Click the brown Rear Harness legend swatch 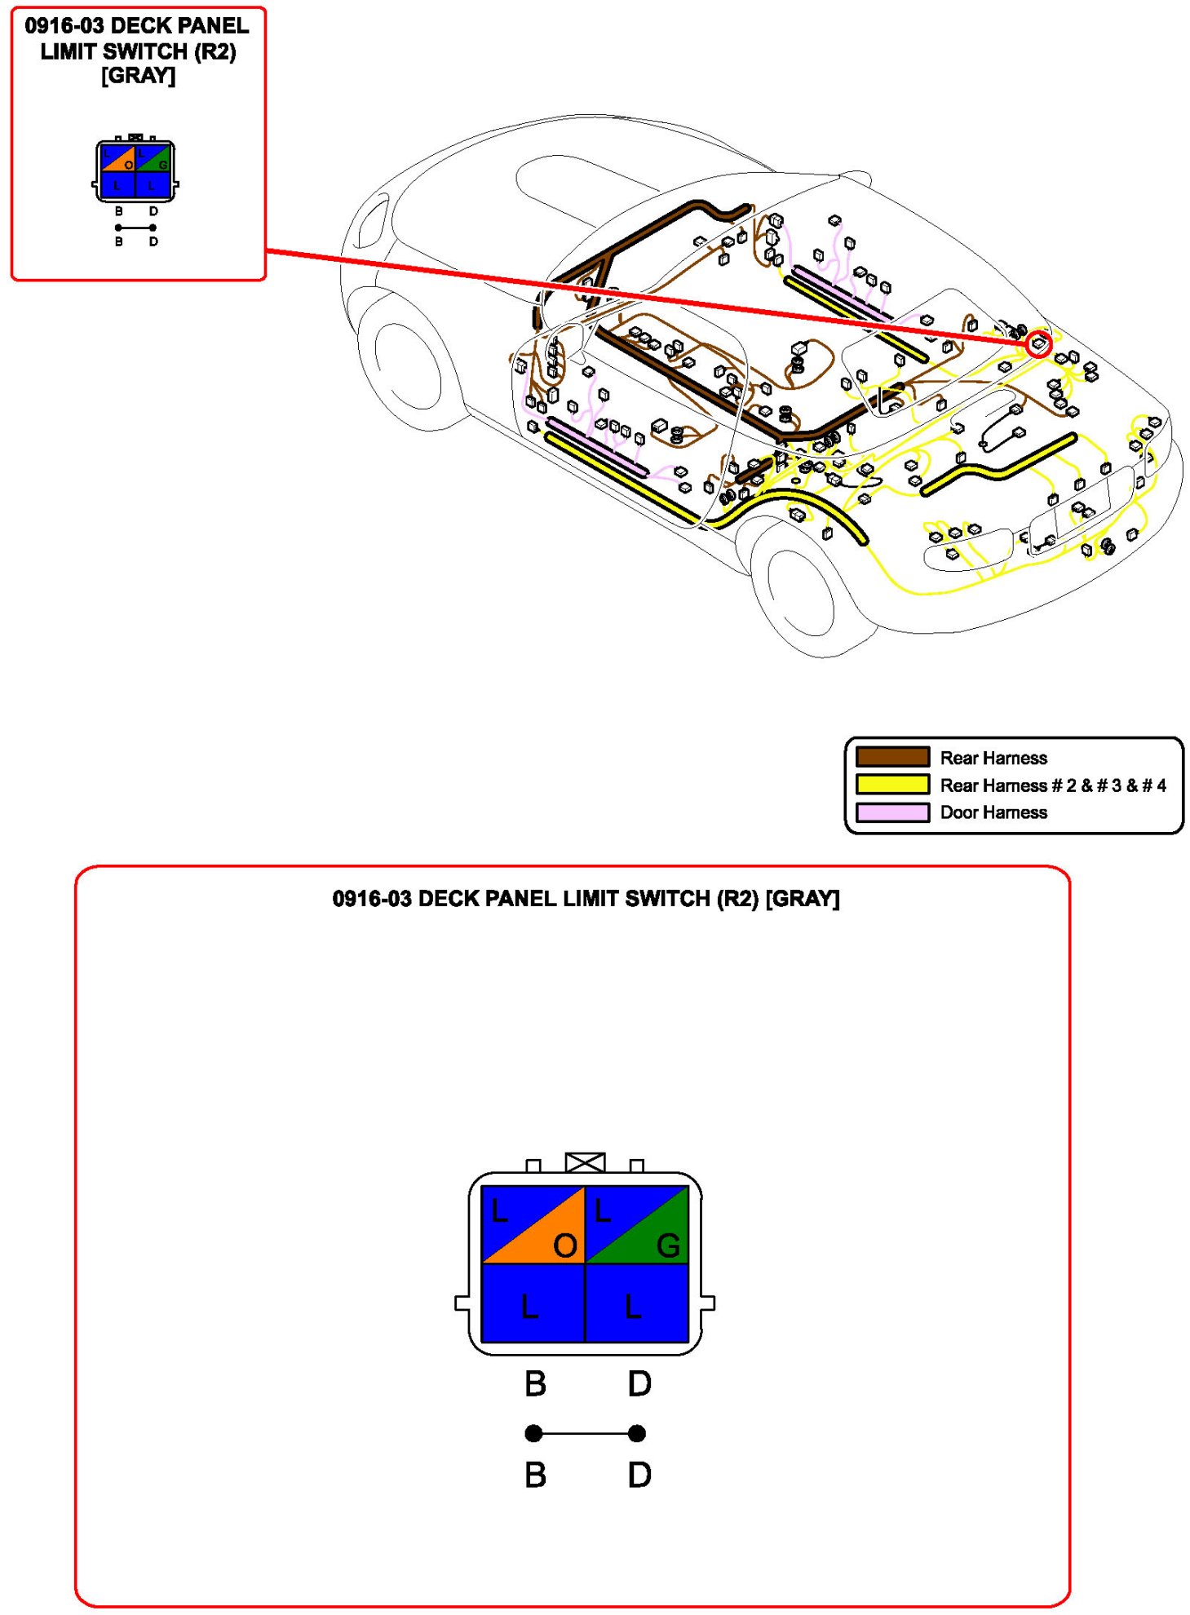891,757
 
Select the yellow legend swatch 891,785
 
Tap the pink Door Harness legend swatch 891,812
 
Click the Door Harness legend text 993,812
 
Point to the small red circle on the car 1038,343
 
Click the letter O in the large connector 564,1246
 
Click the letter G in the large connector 668,1246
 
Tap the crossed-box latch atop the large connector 585,1161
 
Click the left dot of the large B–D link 533,1433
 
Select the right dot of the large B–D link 637,1433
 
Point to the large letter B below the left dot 535,1475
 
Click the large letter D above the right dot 639,1383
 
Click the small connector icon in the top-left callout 135,172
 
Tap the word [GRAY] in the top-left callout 138,76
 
